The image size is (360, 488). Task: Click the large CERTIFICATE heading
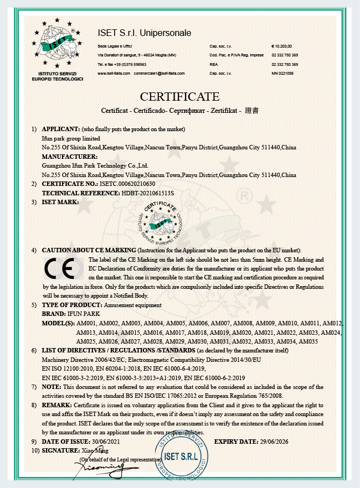(x=179, y=97)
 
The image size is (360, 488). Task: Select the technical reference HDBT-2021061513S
(x=147, y=193)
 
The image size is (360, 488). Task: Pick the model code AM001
(x=88, y=323)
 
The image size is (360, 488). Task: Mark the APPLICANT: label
(x=60, y=129)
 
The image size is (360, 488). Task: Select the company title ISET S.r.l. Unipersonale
(x=144, y=33)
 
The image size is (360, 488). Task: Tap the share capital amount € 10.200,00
(x=282, y=46)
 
